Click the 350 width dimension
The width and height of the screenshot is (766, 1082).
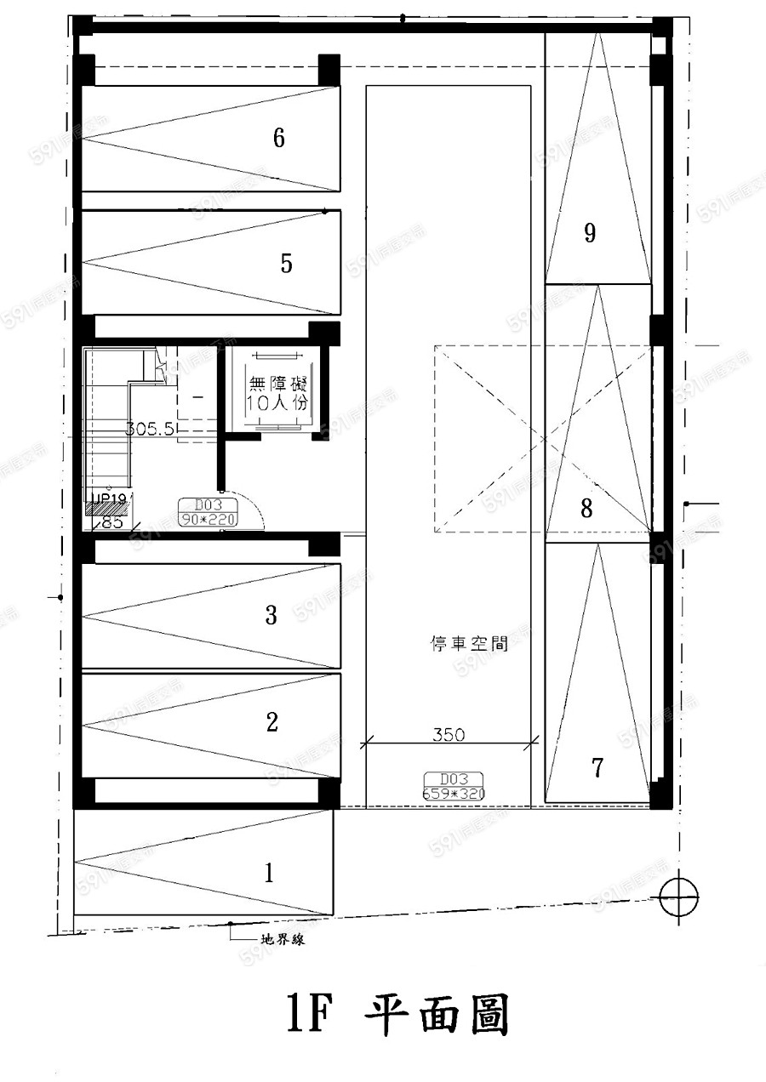pos(448,734)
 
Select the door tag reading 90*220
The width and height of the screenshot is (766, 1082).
pos(208,512)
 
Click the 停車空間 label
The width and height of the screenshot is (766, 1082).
pos(469,644)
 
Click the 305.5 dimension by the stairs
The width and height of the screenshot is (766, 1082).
pos(151,430)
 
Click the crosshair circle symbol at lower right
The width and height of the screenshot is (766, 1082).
pos(678,897)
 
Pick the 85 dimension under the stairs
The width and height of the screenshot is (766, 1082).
pos(111,523)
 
